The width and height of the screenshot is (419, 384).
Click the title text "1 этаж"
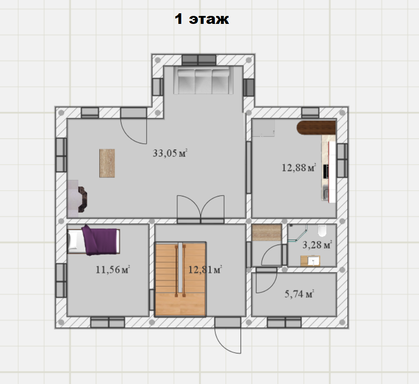tap(202, 19)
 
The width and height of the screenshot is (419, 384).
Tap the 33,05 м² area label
tap(170, 153)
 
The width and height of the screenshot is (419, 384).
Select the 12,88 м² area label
tap(299, 168)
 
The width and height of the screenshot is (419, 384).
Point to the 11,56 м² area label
tap(113, 269)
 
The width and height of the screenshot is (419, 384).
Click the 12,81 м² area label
tap(205, 269)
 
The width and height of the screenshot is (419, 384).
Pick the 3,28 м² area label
tap(317, 245)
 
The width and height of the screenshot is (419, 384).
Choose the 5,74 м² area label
tap(299, 294)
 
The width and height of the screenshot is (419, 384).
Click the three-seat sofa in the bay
tap(203, 81)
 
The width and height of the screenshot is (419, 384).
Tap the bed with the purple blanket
tap(93, 240)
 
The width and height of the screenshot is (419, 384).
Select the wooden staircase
tap(180, 279)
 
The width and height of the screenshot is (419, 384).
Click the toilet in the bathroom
tap(322, 230)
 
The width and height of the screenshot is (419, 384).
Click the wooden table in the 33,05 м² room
tap(107, 163)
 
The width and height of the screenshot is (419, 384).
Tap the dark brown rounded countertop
tap(316, 127)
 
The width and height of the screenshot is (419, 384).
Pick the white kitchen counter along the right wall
tap(332, 172)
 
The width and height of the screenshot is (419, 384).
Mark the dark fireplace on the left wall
tap(82, 200)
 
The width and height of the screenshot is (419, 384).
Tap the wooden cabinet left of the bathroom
tap(267, 232)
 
